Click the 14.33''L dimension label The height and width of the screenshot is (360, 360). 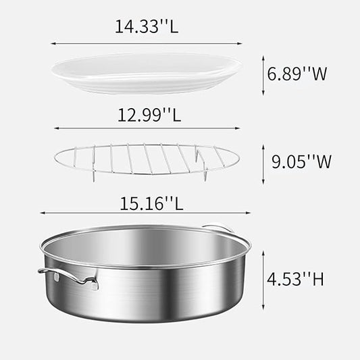coord(146,27)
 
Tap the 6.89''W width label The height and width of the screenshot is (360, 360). coord(298,74)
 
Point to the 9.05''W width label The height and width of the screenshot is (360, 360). coord(301,161)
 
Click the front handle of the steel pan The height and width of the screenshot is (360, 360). coord(68,277)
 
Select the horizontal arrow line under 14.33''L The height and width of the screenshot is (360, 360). coord(146,44)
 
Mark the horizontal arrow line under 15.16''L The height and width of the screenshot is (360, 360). coord(146,213)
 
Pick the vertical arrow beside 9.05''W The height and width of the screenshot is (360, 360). coord(262,162)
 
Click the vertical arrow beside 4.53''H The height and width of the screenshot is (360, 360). coord(262,278)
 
